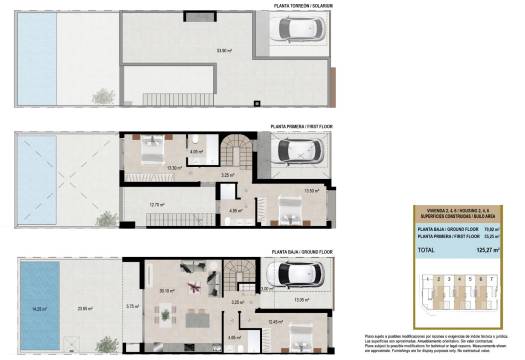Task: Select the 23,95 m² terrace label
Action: coord(86,308)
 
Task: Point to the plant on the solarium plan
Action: coord(103,96)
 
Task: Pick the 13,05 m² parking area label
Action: coord(304,298)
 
